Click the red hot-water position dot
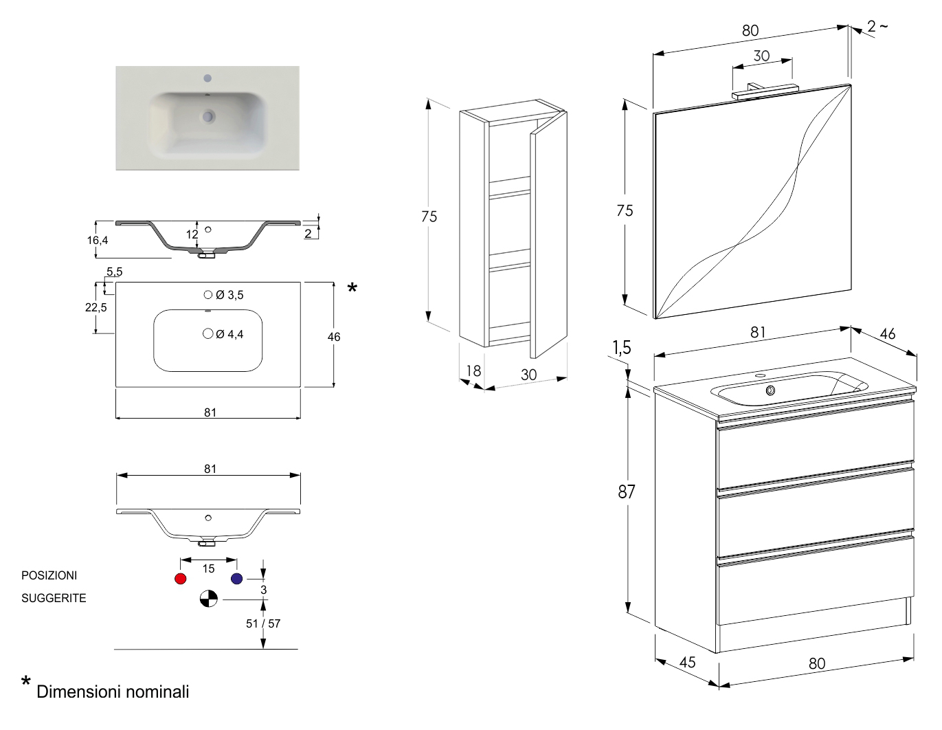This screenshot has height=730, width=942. tap(181, 579)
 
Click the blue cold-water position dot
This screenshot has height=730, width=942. tap(237, 579)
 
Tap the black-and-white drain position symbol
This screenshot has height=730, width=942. tap(208, 599)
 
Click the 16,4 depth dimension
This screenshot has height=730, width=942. tap(98, 240)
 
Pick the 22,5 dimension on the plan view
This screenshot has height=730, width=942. tap(96, 307)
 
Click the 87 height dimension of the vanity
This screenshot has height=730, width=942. tap(626, 492)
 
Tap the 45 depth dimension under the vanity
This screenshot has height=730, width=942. tap(687, 662)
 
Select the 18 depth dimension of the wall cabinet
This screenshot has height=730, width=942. tap(473, 371)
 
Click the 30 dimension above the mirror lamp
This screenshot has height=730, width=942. tap(761, 56)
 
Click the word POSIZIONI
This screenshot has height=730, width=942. tap(49, 575)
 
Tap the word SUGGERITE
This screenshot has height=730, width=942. tap(54, 598)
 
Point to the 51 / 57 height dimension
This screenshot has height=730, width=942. tap(263, 623)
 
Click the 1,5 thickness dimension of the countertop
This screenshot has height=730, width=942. tap(621, 348)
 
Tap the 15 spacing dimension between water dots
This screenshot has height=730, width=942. tap(209, 568)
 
